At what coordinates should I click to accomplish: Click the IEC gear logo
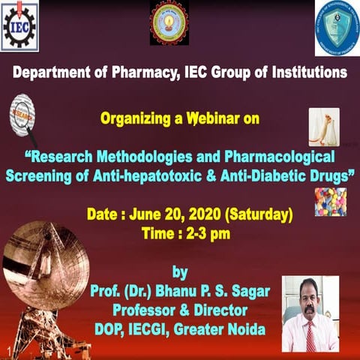(19, 26)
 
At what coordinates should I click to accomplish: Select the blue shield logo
(337, 26)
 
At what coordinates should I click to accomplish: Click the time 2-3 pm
(204, 233)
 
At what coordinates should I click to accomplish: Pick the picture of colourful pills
(331, 202)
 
